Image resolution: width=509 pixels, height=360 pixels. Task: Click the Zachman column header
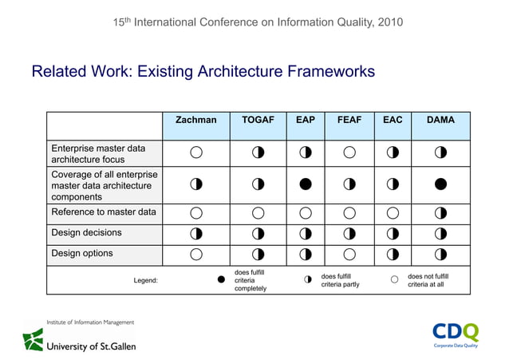click(195, 121)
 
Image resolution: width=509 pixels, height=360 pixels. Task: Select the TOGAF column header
click(258, 121)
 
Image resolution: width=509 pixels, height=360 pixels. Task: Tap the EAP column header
click(305, 121)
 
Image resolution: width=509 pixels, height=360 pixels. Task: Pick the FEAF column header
click(349, 121)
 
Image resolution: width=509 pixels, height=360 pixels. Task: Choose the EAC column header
click(393, 121)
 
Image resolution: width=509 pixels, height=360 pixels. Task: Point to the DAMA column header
click(440, 121)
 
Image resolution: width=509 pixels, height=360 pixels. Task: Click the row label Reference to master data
click(104, 212)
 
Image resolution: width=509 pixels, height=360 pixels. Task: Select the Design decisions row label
click(87, 233)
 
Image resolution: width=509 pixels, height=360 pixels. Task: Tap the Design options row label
click(82, 254)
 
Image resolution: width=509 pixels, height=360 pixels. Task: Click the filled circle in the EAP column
click(305, 184)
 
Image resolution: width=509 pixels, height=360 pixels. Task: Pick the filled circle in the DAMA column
click(440, 184)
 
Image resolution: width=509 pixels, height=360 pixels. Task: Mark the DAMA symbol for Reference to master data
click(440, 213)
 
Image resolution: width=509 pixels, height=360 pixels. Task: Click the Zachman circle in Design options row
click(195, 255)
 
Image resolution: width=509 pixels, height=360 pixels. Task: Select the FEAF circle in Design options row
click(349, 255)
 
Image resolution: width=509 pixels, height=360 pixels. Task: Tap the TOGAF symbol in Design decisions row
click(258, 234)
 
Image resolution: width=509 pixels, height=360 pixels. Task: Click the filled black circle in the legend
click(221, 280)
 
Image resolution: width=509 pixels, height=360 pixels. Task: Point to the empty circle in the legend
click(393, 280)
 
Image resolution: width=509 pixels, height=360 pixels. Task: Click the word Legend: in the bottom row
click(145, 281)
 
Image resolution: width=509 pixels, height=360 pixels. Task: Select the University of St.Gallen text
click(89, 346)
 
